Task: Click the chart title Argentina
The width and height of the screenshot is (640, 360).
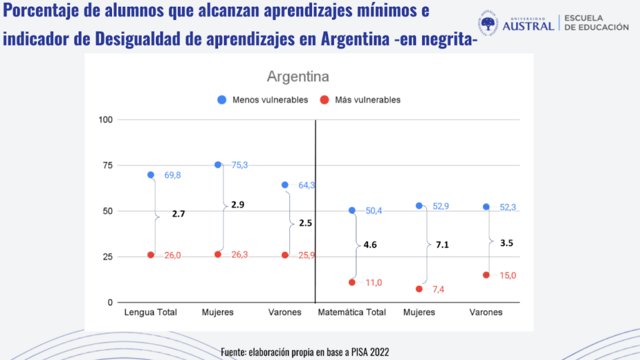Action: point(297,77)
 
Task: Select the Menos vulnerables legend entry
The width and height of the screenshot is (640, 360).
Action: point(262,99)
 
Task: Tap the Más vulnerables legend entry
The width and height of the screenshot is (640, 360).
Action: point(360,99)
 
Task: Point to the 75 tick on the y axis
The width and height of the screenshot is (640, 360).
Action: point(107,165)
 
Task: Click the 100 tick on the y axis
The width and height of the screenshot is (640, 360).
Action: point(105,119)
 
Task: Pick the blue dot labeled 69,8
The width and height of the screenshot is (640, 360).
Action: point(151,175)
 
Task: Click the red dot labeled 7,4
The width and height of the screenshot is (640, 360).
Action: point(419,289)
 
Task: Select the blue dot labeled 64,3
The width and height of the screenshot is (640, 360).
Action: point(285,185)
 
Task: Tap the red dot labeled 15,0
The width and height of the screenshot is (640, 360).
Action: point(486,275)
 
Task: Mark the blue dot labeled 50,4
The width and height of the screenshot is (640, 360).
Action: point(352,211)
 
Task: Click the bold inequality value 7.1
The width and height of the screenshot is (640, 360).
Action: point(442,245)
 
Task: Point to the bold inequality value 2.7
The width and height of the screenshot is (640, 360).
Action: point(179,214)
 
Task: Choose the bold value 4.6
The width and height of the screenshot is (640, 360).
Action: point(370,245)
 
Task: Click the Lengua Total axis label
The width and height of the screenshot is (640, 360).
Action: point(151,312)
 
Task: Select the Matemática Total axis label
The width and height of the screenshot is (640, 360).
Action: point(352,312)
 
